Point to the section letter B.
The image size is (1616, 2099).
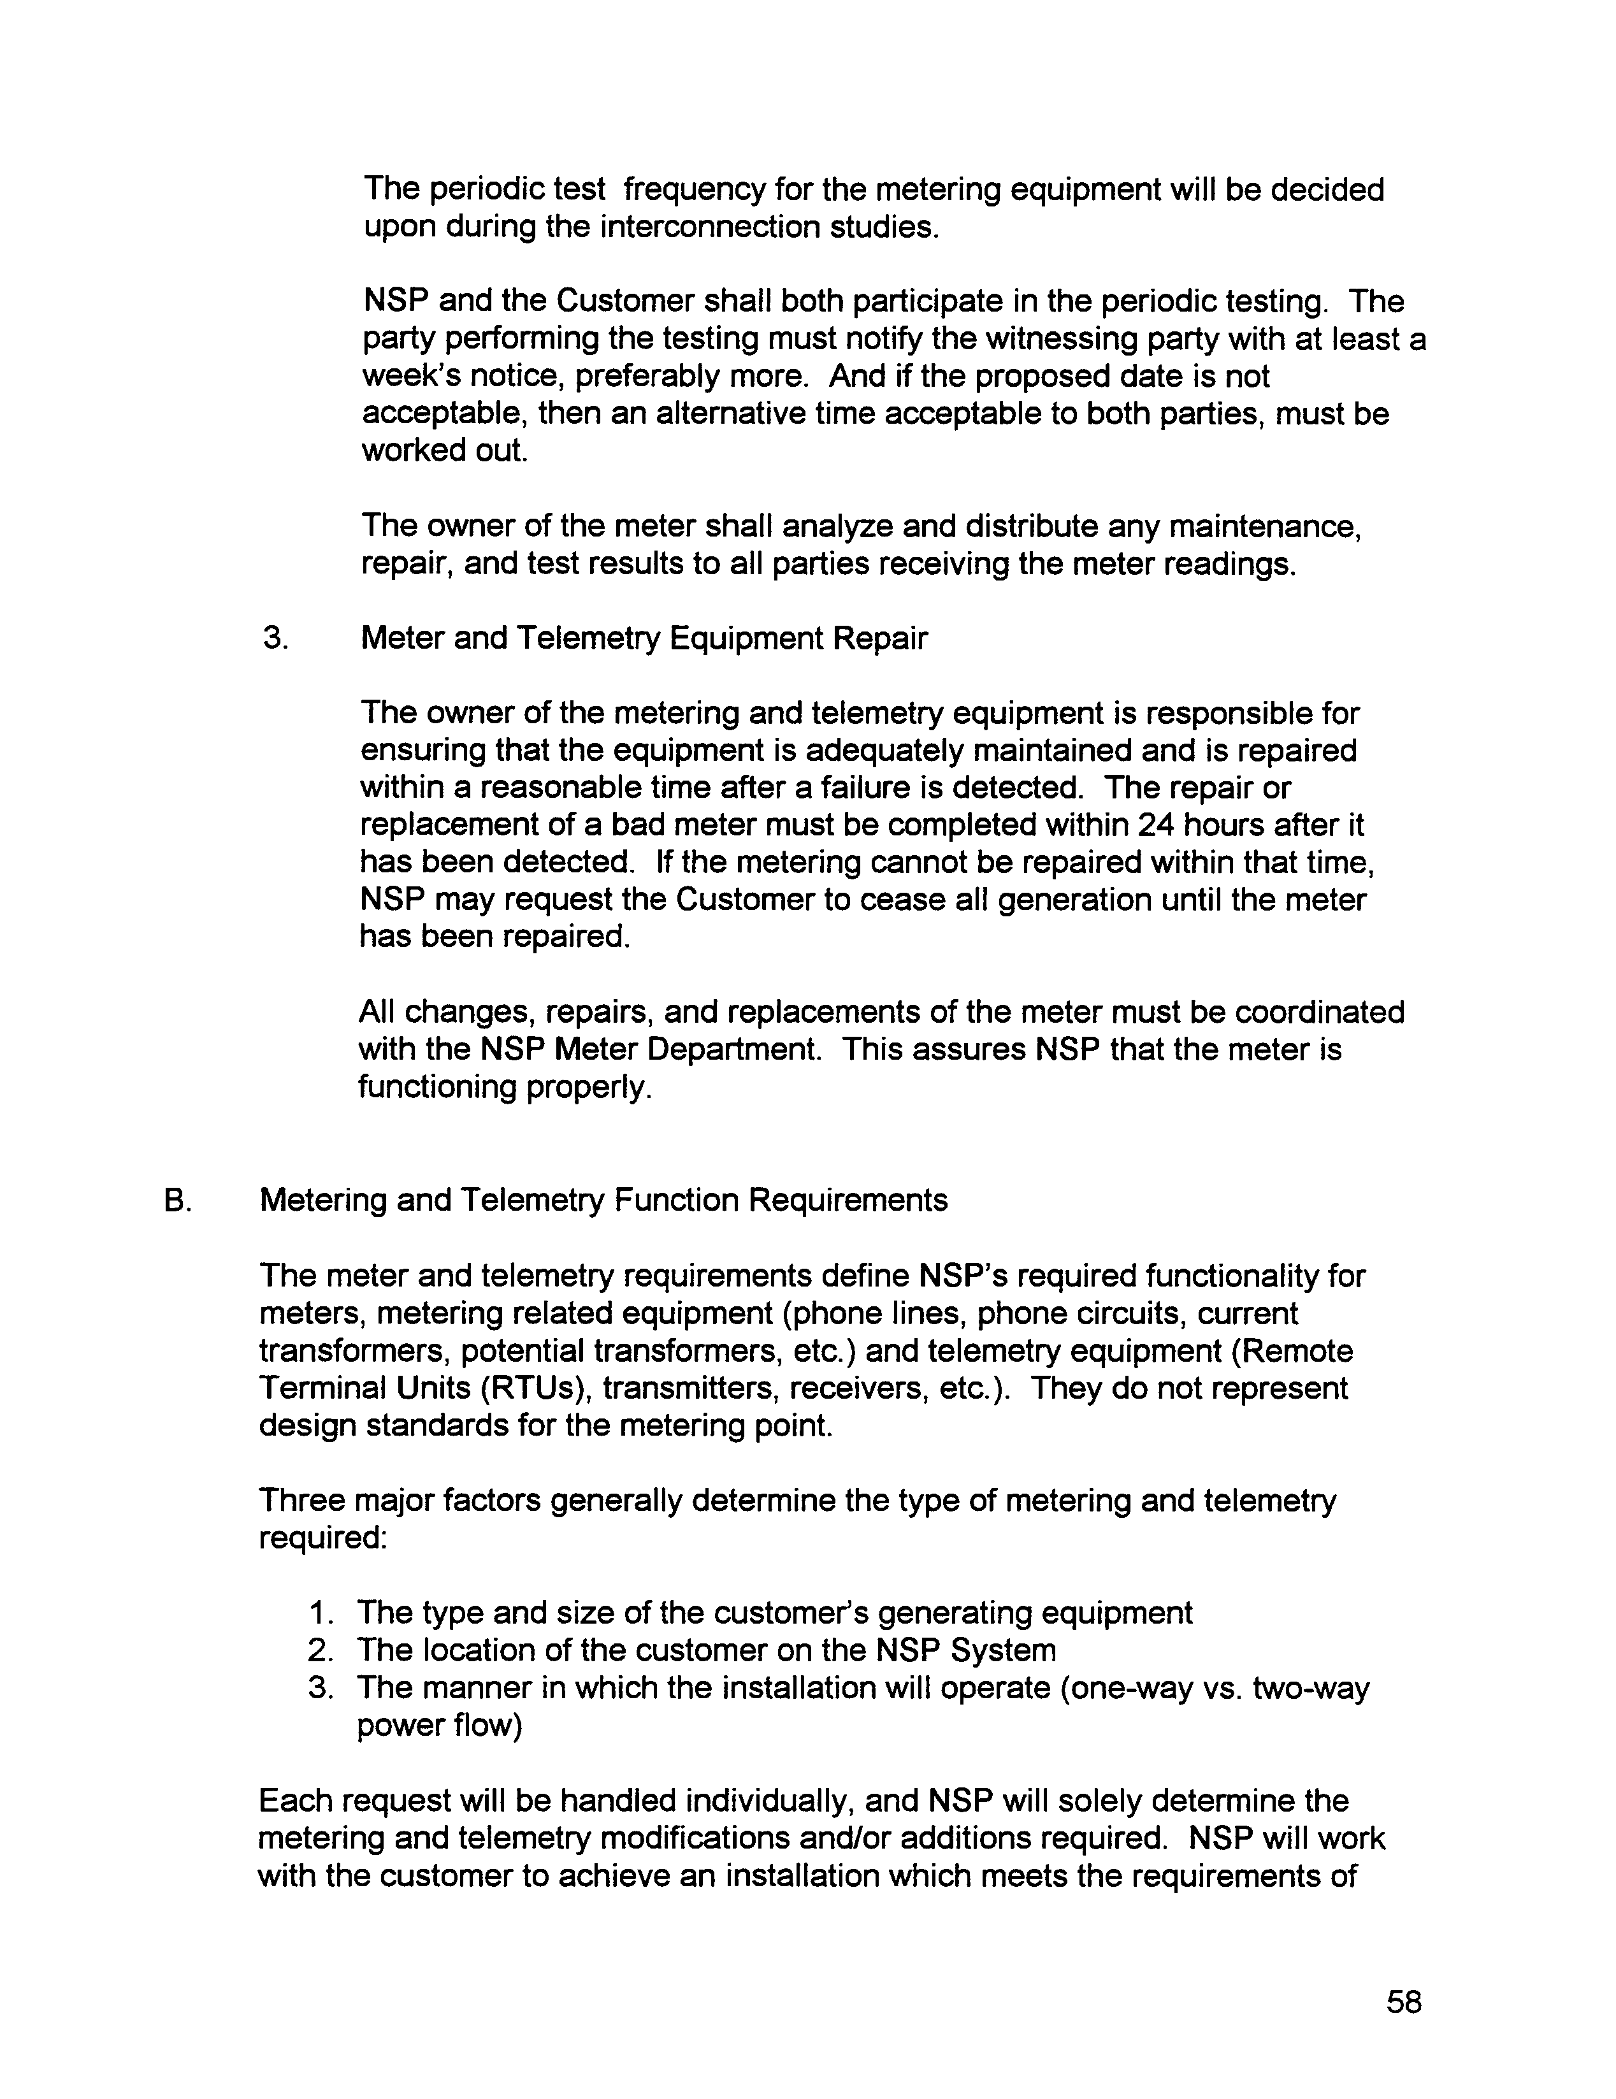pos(175,1201)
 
